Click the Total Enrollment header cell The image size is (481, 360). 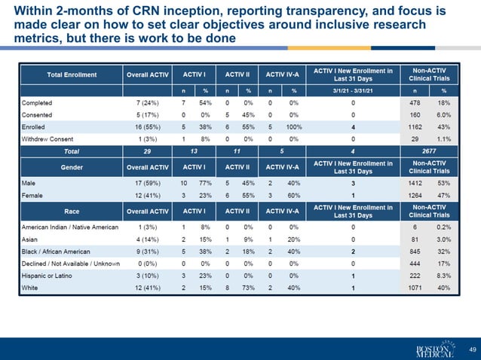click(x=71, y=75)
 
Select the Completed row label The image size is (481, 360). click(x=38, y=102)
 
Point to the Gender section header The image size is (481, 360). click(x=71, y=167)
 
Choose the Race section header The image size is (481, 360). click(x=71, y=211)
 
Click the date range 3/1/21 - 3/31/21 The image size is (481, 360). click(x=353, y=90)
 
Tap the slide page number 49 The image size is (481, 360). click(x=472, y=349)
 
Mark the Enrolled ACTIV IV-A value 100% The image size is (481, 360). click(x=295, y=127)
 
